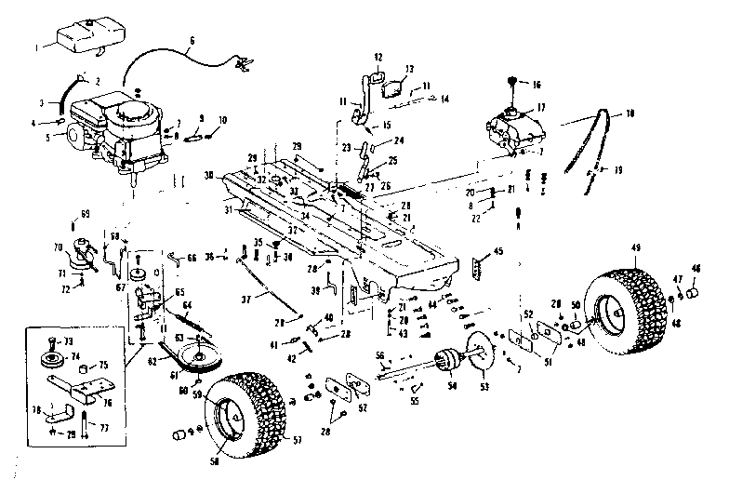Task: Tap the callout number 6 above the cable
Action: [192, 41]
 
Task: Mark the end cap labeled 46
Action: [693, 294]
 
